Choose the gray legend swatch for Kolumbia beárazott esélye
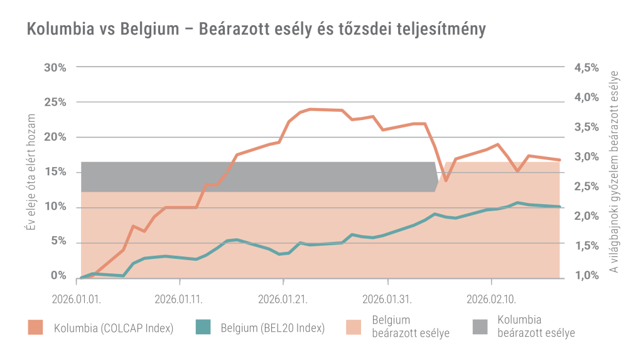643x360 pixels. pos(480,327)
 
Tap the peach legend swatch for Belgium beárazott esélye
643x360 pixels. pos(355,327)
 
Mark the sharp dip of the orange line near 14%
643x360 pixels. pos(446,180)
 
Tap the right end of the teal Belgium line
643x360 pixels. pos(559,207)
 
